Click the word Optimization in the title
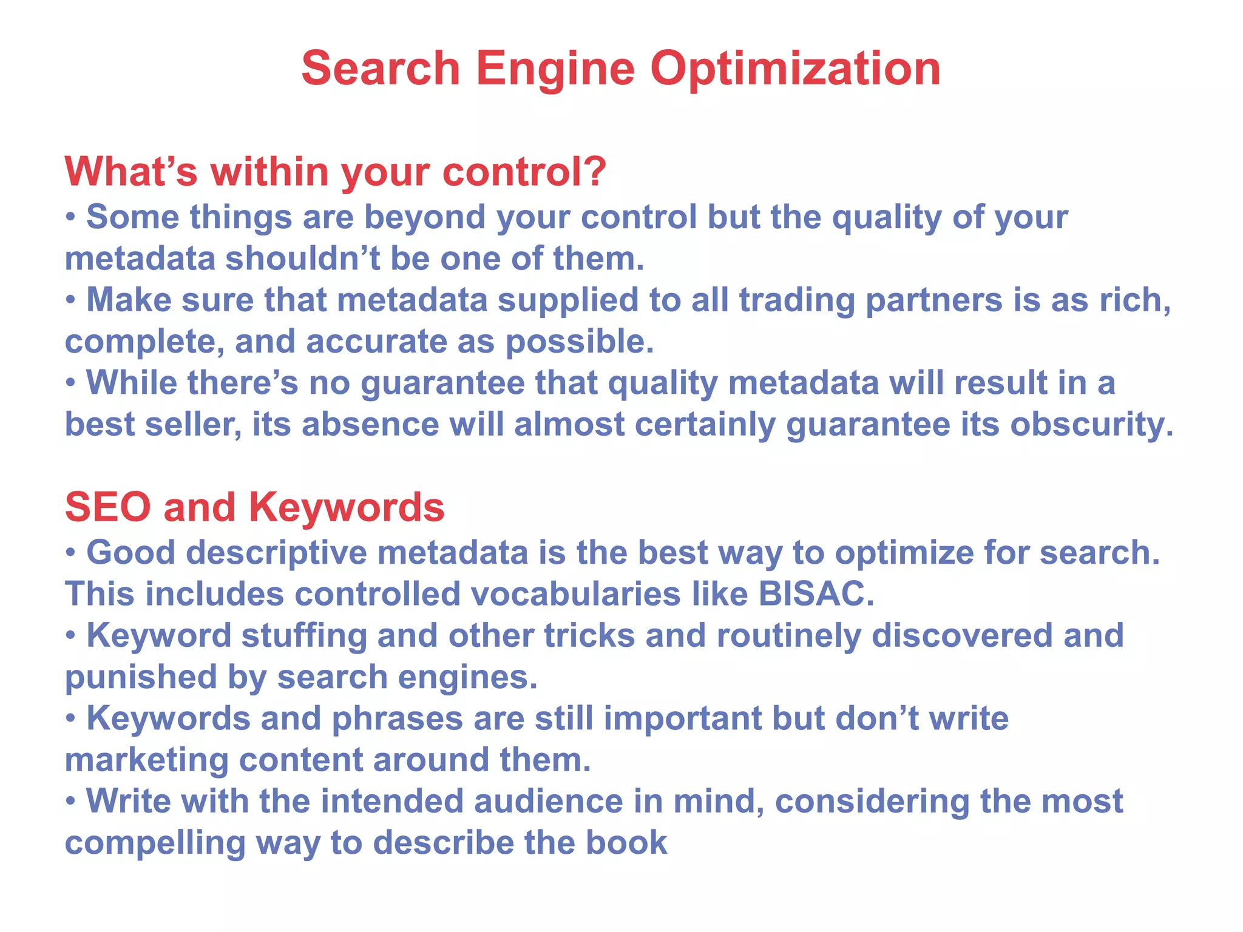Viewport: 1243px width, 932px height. [795, 69]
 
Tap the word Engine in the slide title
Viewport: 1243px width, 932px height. [555, 69]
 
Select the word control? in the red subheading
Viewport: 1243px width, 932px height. [524, 172]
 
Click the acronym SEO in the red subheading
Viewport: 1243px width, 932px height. [107, 507]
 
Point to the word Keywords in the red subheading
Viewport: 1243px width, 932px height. [347, 507]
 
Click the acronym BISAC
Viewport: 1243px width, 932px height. [816, 593]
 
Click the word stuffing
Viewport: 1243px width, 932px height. [303, 635]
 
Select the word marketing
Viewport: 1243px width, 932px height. [146, 760]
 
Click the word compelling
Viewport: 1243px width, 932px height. [155, 843]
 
